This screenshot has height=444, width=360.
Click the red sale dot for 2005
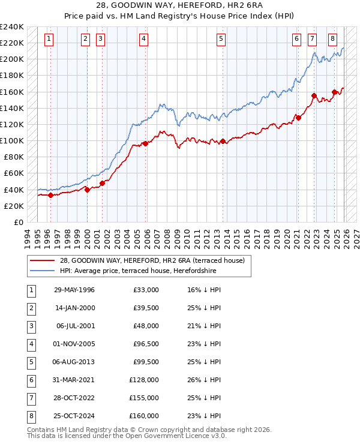click(145, 143)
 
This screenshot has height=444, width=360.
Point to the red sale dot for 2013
click(223, 142)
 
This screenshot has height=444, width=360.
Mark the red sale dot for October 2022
click(314, 95)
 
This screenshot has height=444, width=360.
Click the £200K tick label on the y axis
click(11, 59)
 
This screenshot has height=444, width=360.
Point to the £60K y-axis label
click(13, 173)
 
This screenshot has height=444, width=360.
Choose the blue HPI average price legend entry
click(137, 271)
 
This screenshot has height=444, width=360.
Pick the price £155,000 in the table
click(144, 398)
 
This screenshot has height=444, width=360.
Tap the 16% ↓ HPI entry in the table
click(205, 290)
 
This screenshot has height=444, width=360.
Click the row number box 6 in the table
click(31, 380)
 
